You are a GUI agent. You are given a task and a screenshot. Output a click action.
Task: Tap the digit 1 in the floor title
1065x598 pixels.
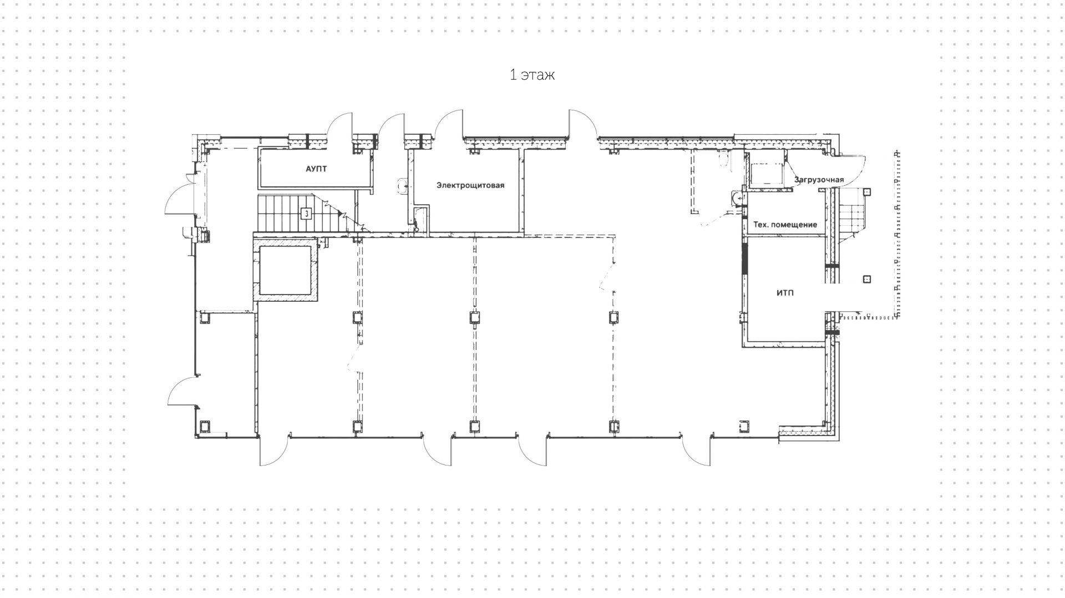pos(513,75)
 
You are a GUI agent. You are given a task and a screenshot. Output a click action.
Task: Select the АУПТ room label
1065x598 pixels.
pos(316,169)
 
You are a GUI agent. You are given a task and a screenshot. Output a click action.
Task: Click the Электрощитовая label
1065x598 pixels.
pos(470,185)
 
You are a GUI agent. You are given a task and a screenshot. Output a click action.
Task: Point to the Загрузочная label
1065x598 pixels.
pos(819,180)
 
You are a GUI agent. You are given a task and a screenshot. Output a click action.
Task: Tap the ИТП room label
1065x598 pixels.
pos(785,292)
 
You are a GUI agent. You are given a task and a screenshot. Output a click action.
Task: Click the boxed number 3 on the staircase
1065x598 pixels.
pos(306,213)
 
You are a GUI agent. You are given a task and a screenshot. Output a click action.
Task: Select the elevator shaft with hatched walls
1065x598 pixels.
pos(286,269)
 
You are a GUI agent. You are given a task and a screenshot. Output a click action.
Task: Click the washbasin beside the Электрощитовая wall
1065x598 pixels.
pos(403,186)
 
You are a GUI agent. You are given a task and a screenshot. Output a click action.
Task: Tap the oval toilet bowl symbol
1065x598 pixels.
pos(723,160)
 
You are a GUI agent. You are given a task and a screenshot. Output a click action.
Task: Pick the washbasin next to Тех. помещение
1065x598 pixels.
pos(737,197)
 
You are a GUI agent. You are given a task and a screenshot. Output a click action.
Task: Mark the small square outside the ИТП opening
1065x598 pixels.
pos(868,280)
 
